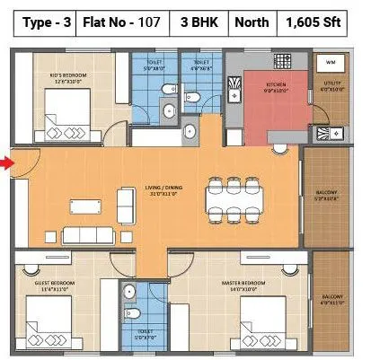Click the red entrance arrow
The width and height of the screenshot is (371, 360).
[x=5, y=162]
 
